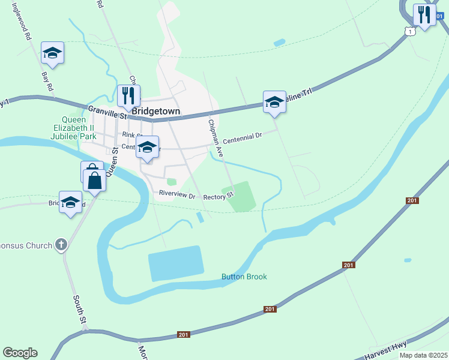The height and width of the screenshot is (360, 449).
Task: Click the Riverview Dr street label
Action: tap(178, 195)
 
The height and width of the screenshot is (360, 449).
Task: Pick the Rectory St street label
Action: tap(217, 197)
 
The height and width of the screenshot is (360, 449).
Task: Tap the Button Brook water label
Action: tap(244, 277)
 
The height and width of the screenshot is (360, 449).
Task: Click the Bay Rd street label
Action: tap(47, 82)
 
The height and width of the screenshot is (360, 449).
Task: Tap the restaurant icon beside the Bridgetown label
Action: tap(128, 95)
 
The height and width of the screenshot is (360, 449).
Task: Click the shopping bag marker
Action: tap(95, 179)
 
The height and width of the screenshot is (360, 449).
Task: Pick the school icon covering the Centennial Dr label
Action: tap(147, 148)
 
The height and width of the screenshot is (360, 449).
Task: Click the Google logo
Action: tap(20, 353)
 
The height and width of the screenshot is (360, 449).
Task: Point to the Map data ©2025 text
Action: tap(424, 355)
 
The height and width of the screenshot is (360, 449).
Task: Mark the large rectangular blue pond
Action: tap(175, 263)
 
